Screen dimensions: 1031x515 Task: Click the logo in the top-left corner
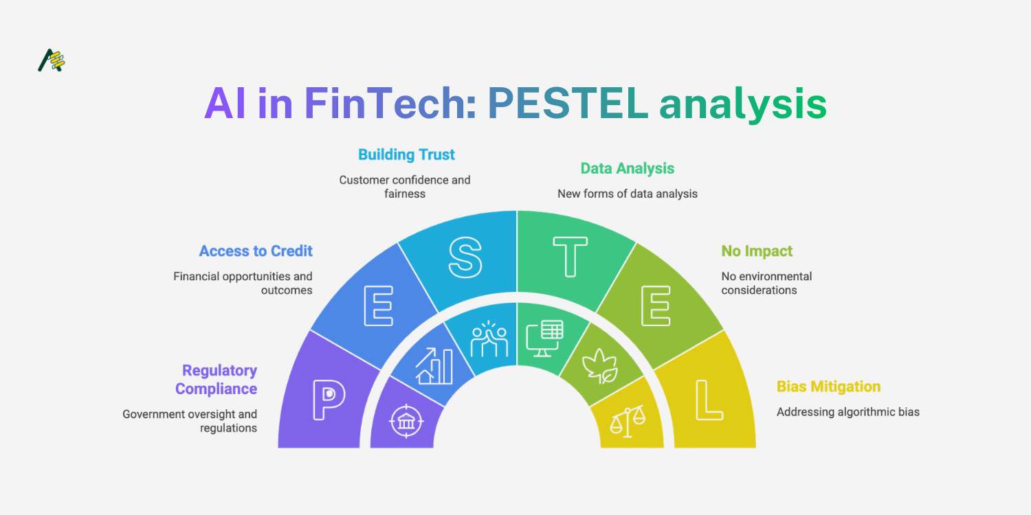51,60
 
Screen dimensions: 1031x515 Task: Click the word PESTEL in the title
568,104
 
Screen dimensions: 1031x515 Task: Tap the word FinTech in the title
385,104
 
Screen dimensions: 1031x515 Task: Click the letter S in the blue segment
465,257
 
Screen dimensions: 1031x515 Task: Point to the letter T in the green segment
570,257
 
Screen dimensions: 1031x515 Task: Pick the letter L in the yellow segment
709,400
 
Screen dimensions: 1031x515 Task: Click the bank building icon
406,421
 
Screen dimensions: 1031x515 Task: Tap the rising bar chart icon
434,366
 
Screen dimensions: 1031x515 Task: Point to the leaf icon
600,366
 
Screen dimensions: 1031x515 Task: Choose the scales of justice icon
628,421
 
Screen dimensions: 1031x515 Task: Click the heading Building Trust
406,154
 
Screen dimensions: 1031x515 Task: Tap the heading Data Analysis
628,168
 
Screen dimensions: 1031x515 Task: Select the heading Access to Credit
256,251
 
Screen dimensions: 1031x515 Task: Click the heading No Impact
757,251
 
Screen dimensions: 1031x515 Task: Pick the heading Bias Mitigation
828,387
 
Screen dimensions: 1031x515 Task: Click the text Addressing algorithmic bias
847,412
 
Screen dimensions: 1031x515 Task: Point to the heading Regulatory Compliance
217,379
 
